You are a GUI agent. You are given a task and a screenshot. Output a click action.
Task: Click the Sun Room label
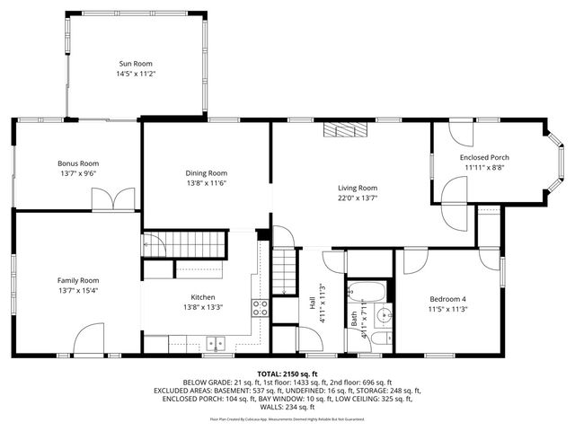[137, 63]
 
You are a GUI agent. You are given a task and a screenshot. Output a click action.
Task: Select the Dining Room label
[206, 172]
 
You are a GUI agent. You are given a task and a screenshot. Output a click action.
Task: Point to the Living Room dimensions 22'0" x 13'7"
[357, 198]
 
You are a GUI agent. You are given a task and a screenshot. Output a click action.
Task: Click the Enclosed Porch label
[484, 157]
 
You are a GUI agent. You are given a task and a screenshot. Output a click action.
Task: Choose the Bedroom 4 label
[448, 299]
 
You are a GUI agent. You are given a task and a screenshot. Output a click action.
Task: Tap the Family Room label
[77, 280]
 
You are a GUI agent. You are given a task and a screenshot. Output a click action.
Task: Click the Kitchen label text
[202, 297]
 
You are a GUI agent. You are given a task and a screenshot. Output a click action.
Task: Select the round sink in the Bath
[383, 315]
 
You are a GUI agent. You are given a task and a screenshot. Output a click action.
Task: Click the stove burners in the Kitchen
[261, 308]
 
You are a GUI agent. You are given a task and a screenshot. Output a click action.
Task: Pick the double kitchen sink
[215, 341]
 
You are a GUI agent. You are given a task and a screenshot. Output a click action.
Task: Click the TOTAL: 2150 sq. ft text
[287, 373]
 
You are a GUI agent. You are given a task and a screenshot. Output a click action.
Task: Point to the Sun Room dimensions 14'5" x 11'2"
[137, 74]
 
